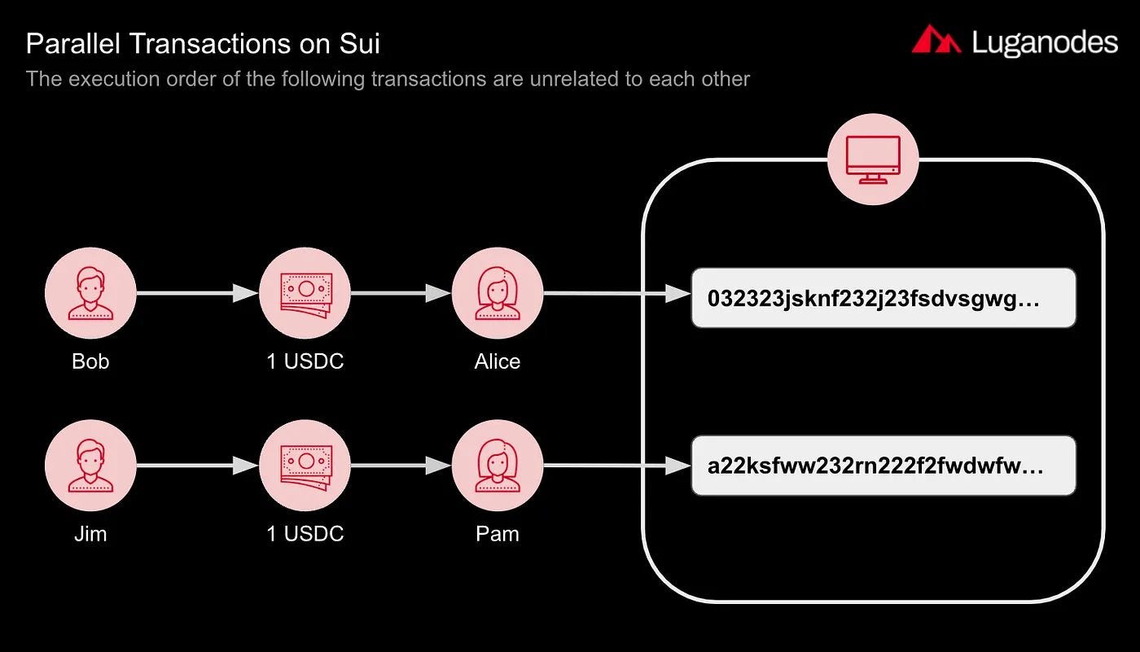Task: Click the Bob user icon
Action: tap(90, 293)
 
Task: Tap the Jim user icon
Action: tap(90, 466)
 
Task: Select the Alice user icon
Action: tap(497, 293)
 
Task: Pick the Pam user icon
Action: tap(497, 466)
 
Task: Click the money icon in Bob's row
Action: tap(305, 293)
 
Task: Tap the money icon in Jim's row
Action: tap(305, 466)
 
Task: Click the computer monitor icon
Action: tap(873, 159)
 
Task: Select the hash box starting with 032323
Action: tap(883, 298)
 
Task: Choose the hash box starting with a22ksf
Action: tap(883, 466)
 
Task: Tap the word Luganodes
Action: tap(1045, 42)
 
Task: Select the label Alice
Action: tap(497, 361)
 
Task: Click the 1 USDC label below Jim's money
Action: tap(305, 534)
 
